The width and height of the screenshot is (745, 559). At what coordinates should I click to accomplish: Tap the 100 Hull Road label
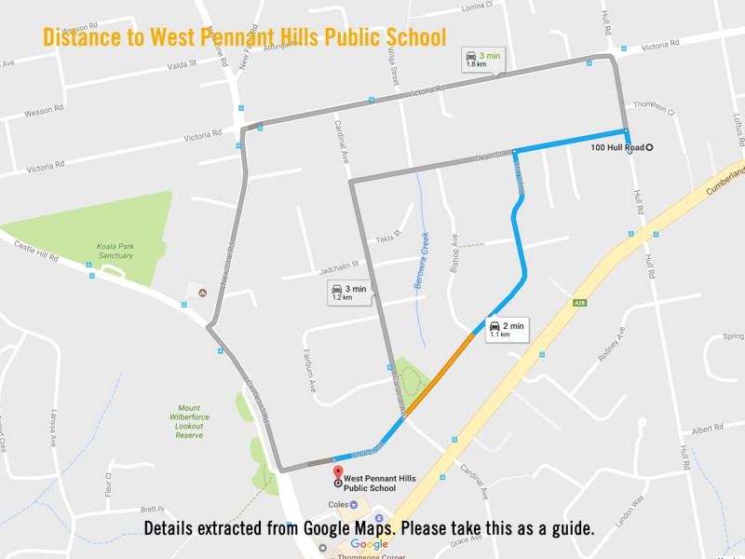tap(618, 147)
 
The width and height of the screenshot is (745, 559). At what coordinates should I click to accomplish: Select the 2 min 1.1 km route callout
tap(507, 329)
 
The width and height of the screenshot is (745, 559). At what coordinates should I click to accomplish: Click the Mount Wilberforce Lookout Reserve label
tap(189, 422)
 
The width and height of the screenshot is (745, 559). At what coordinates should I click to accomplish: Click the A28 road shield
tap(579, 303)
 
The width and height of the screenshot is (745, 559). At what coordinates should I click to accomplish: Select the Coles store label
tap(336, 505)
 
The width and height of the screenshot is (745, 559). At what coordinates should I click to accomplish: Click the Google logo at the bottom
tap(369, 544)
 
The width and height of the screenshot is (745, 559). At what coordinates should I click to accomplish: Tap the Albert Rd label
tap(707, 429)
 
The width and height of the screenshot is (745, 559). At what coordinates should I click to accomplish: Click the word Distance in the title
tap(85, 37)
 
